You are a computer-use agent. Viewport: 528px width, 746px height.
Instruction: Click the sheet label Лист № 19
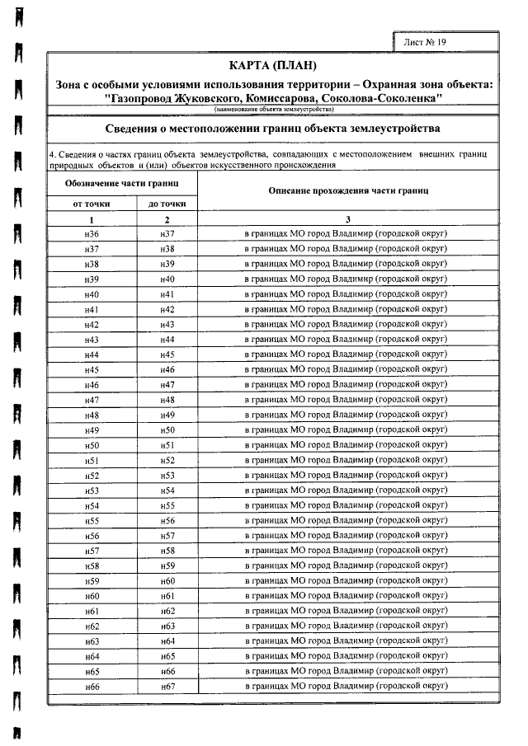click(x=426, y=41)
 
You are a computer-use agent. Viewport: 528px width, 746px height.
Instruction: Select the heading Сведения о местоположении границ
click(x=273, y=129)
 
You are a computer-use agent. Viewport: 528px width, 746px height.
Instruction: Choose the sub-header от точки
click(x=92, y=204)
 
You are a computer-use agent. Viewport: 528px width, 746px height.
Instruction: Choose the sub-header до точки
click(x=167, y=204)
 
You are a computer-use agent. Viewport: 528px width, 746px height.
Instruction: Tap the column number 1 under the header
click(x=92, y=219)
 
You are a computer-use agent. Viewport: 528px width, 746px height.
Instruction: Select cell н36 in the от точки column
click(x=92, y=234)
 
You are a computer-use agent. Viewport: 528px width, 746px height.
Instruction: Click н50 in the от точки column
click(x=92, y=445)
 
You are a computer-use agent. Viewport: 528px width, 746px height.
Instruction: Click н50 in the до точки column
click(x=167, y=429)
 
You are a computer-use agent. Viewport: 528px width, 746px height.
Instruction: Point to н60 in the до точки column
click(x=167, y=580)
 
